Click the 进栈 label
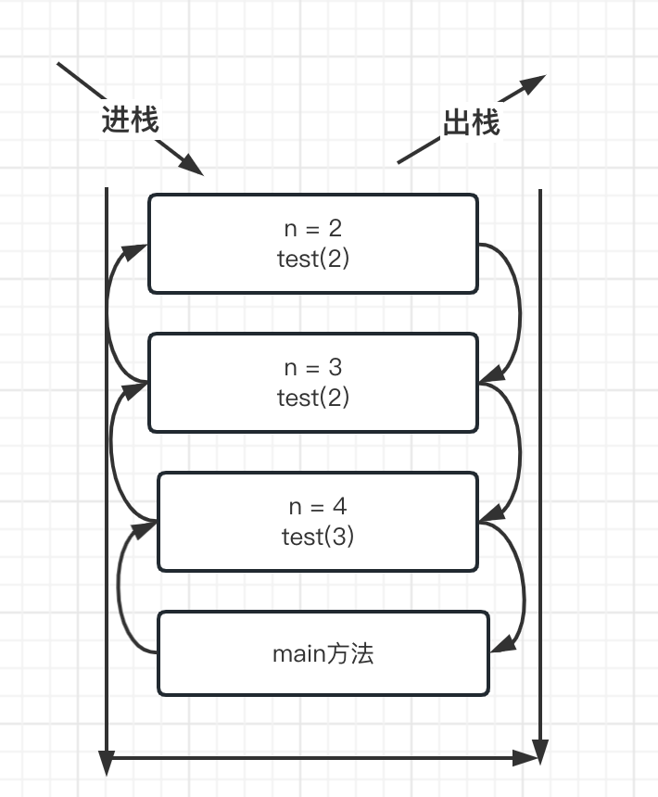(x=130, y=120)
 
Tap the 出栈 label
(x=471, y=122)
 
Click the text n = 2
(x=313, y=228)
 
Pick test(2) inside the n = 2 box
(x=313, y=258)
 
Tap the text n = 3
(x=313, y=367)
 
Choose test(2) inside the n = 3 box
(x=313, y=397)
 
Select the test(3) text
(x=317, y=536)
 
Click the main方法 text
(x=323, y=653)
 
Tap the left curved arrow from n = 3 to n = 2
(x=109, y=310)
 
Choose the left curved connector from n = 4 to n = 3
(x=113, y=449)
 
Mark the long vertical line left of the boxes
(x=108, y=463)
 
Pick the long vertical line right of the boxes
(x=540, y=463)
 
